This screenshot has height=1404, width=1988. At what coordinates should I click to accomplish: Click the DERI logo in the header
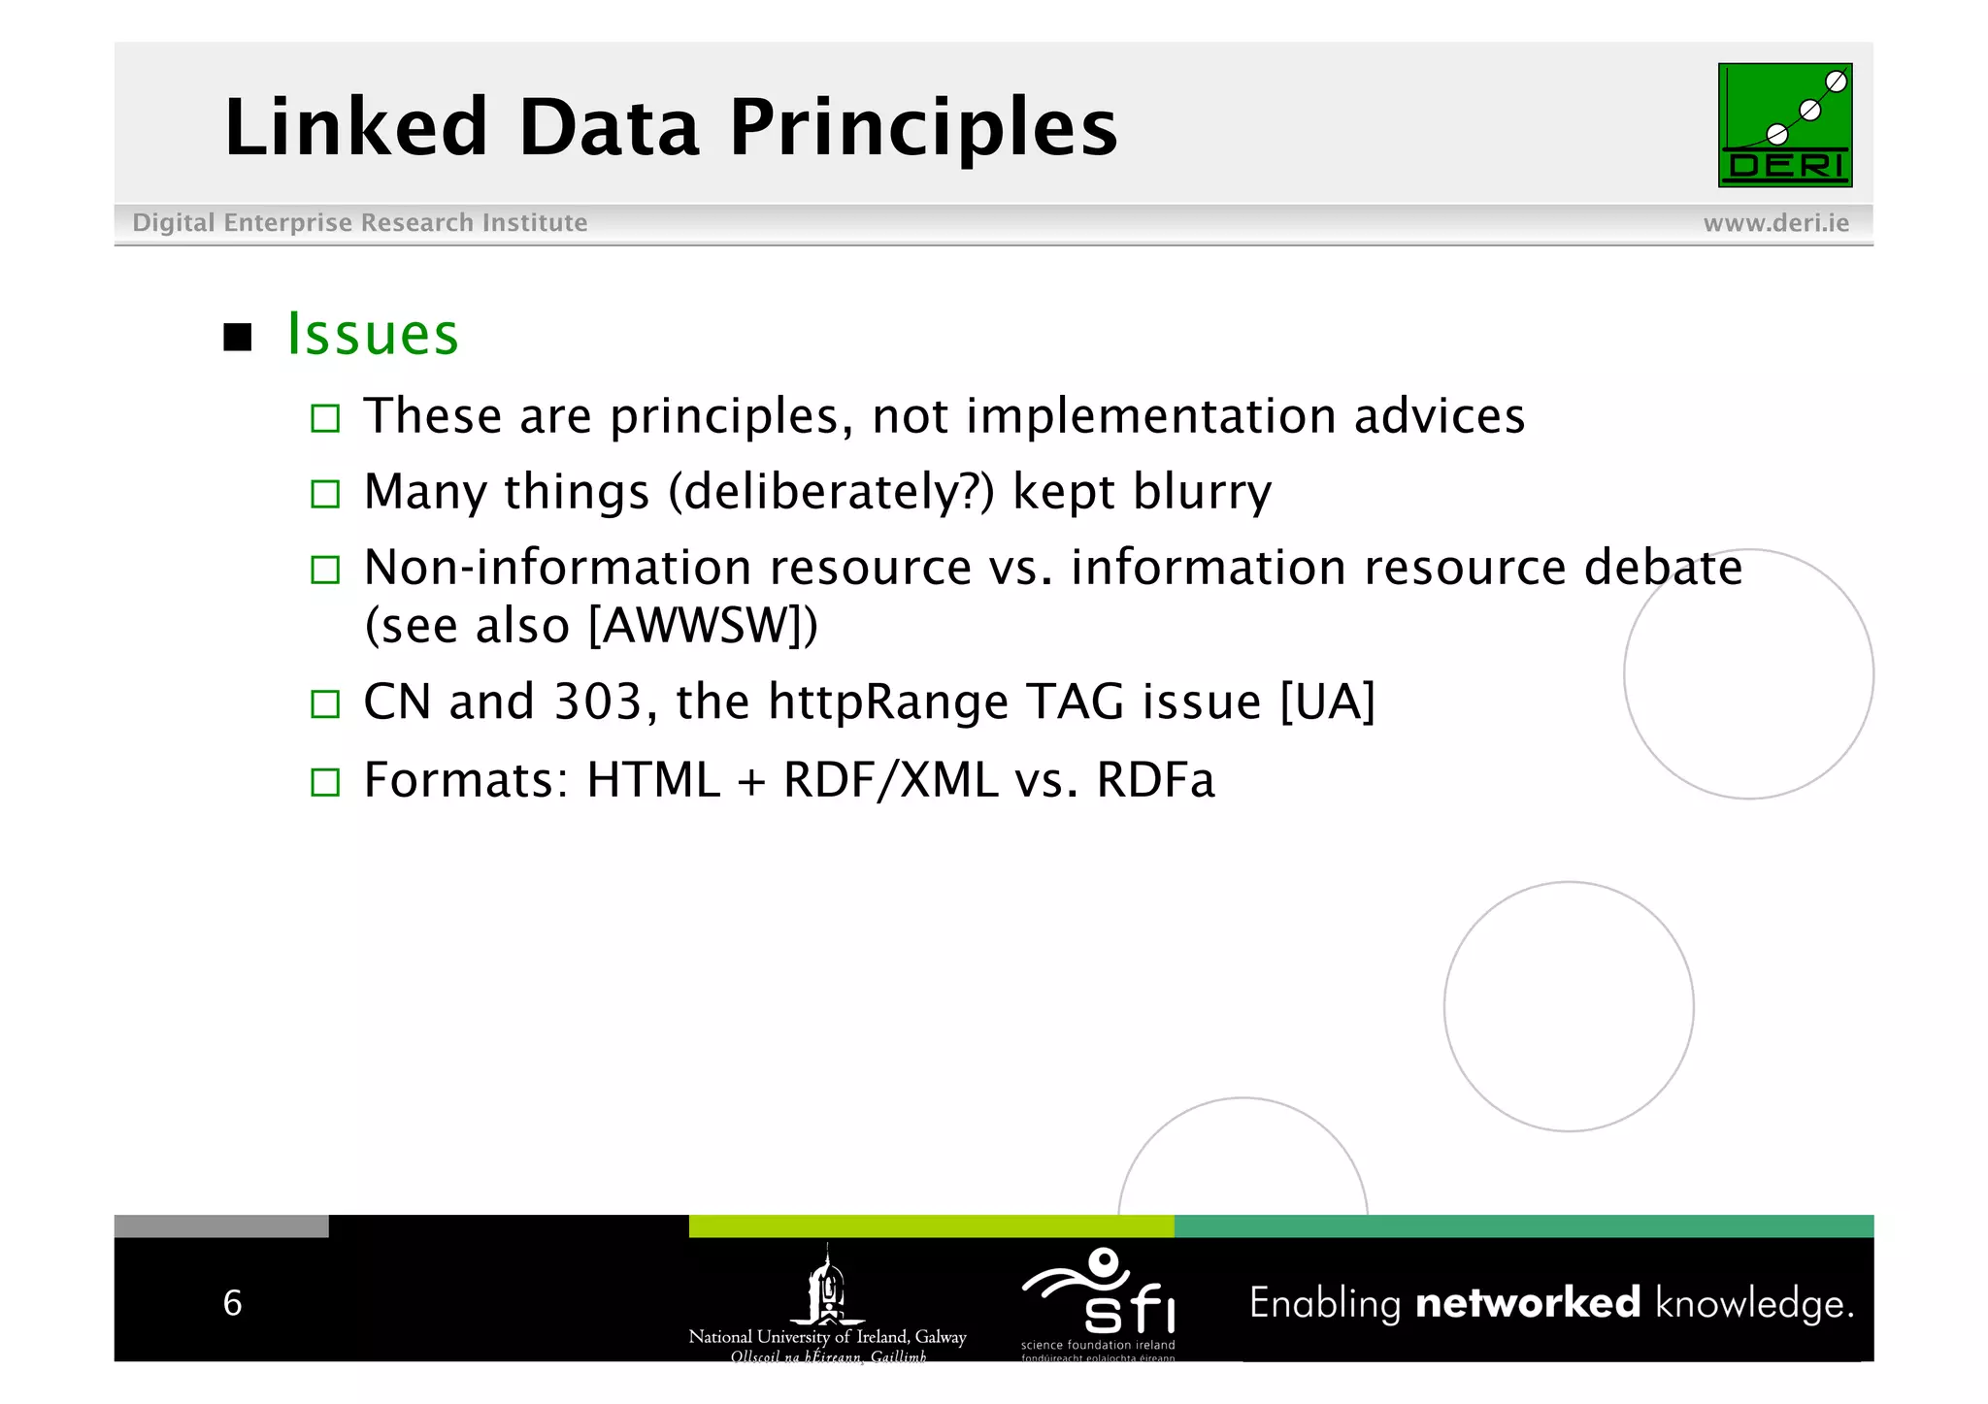pyautogui.click(x=1784, y=125)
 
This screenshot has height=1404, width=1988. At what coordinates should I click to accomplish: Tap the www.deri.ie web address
pyautogui.click(x=1775, y=223)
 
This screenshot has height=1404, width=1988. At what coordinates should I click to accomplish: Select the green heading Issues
pyautogui.click(x=373, y=335)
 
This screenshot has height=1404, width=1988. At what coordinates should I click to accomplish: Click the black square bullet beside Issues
pyautogui.click(x=238, y=338)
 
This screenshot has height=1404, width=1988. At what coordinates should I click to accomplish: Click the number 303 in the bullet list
pyautogui.click(x=597, y=702)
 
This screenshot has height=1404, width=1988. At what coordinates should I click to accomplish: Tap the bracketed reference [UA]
pyautogui.click(x=1327, y=702)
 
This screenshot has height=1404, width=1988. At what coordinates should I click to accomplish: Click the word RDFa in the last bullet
pyautogui.click(x=1155, y=780)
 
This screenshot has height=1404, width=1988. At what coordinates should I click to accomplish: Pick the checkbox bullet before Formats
pyautogui.click(x=325, y=782)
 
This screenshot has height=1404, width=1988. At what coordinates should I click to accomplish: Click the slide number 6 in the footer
pyautogui.click(x=232, y=1303)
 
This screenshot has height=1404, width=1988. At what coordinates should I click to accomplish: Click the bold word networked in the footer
pyautogui.click(x=1527, y=1303)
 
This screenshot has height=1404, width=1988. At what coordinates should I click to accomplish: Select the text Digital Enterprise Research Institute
pyautogui.click(x=359, y=223)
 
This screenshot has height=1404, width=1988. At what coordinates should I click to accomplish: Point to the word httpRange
pyautogui.click(x=887, y=702)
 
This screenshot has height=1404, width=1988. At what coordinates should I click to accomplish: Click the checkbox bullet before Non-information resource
pyautogui.click(x=325, y=570)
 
